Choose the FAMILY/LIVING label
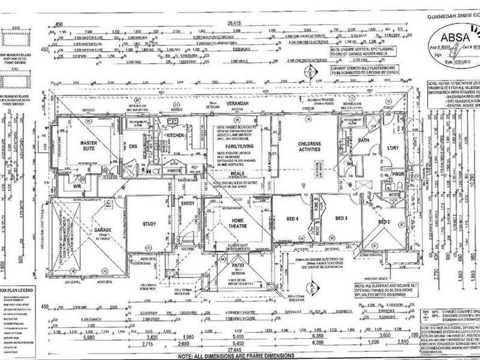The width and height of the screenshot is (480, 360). (x=236, y=145)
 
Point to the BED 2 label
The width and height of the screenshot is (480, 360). (x=385, y=223)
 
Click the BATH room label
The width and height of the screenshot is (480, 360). (x=362, y=140)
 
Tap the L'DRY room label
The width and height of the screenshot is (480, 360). (x=393, y=148)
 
